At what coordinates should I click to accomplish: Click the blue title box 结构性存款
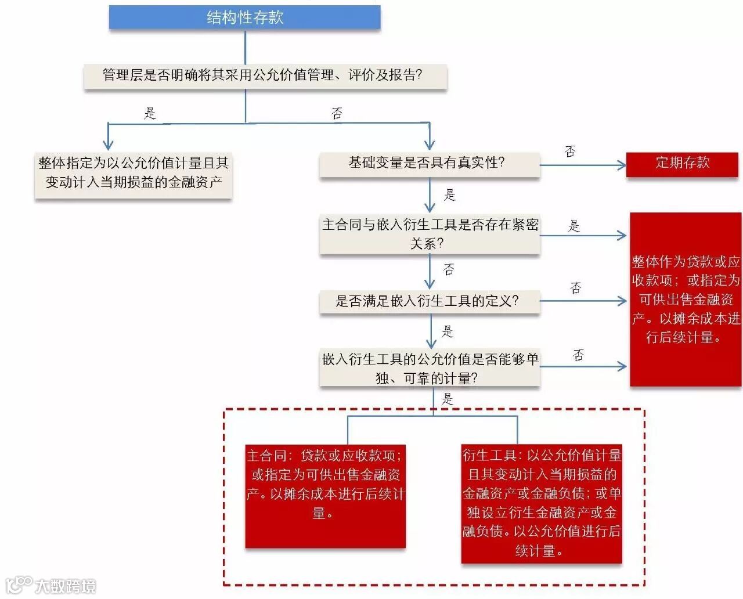point(244,17)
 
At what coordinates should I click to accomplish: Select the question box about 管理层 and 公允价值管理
point(265,75)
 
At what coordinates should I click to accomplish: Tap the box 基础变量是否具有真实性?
point(429,163)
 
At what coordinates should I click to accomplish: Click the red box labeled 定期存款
point(682,163)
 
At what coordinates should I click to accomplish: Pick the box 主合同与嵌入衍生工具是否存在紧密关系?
point(430,234)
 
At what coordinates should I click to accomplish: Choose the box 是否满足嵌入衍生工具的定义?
point(429,301)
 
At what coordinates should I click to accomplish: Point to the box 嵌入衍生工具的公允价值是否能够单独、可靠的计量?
point(430,369)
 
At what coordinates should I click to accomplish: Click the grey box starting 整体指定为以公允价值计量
point(134,173)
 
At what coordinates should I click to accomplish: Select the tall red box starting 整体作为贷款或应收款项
point(686,299)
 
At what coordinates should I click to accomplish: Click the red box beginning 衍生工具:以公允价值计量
point(541,503)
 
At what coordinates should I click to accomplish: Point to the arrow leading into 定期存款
point(583,165)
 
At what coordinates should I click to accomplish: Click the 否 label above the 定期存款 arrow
point(570,152)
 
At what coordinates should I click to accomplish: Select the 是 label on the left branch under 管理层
point(150,113)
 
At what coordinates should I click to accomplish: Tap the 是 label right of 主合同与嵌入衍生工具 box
point(574,226)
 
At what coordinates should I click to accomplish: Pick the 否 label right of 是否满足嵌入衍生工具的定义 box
point(575,288)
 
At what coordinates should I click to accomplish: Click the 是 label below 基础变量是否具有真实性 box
point(449,195)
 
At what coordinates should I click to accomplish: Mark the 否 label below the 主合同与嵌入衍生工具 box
point(449,269)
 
